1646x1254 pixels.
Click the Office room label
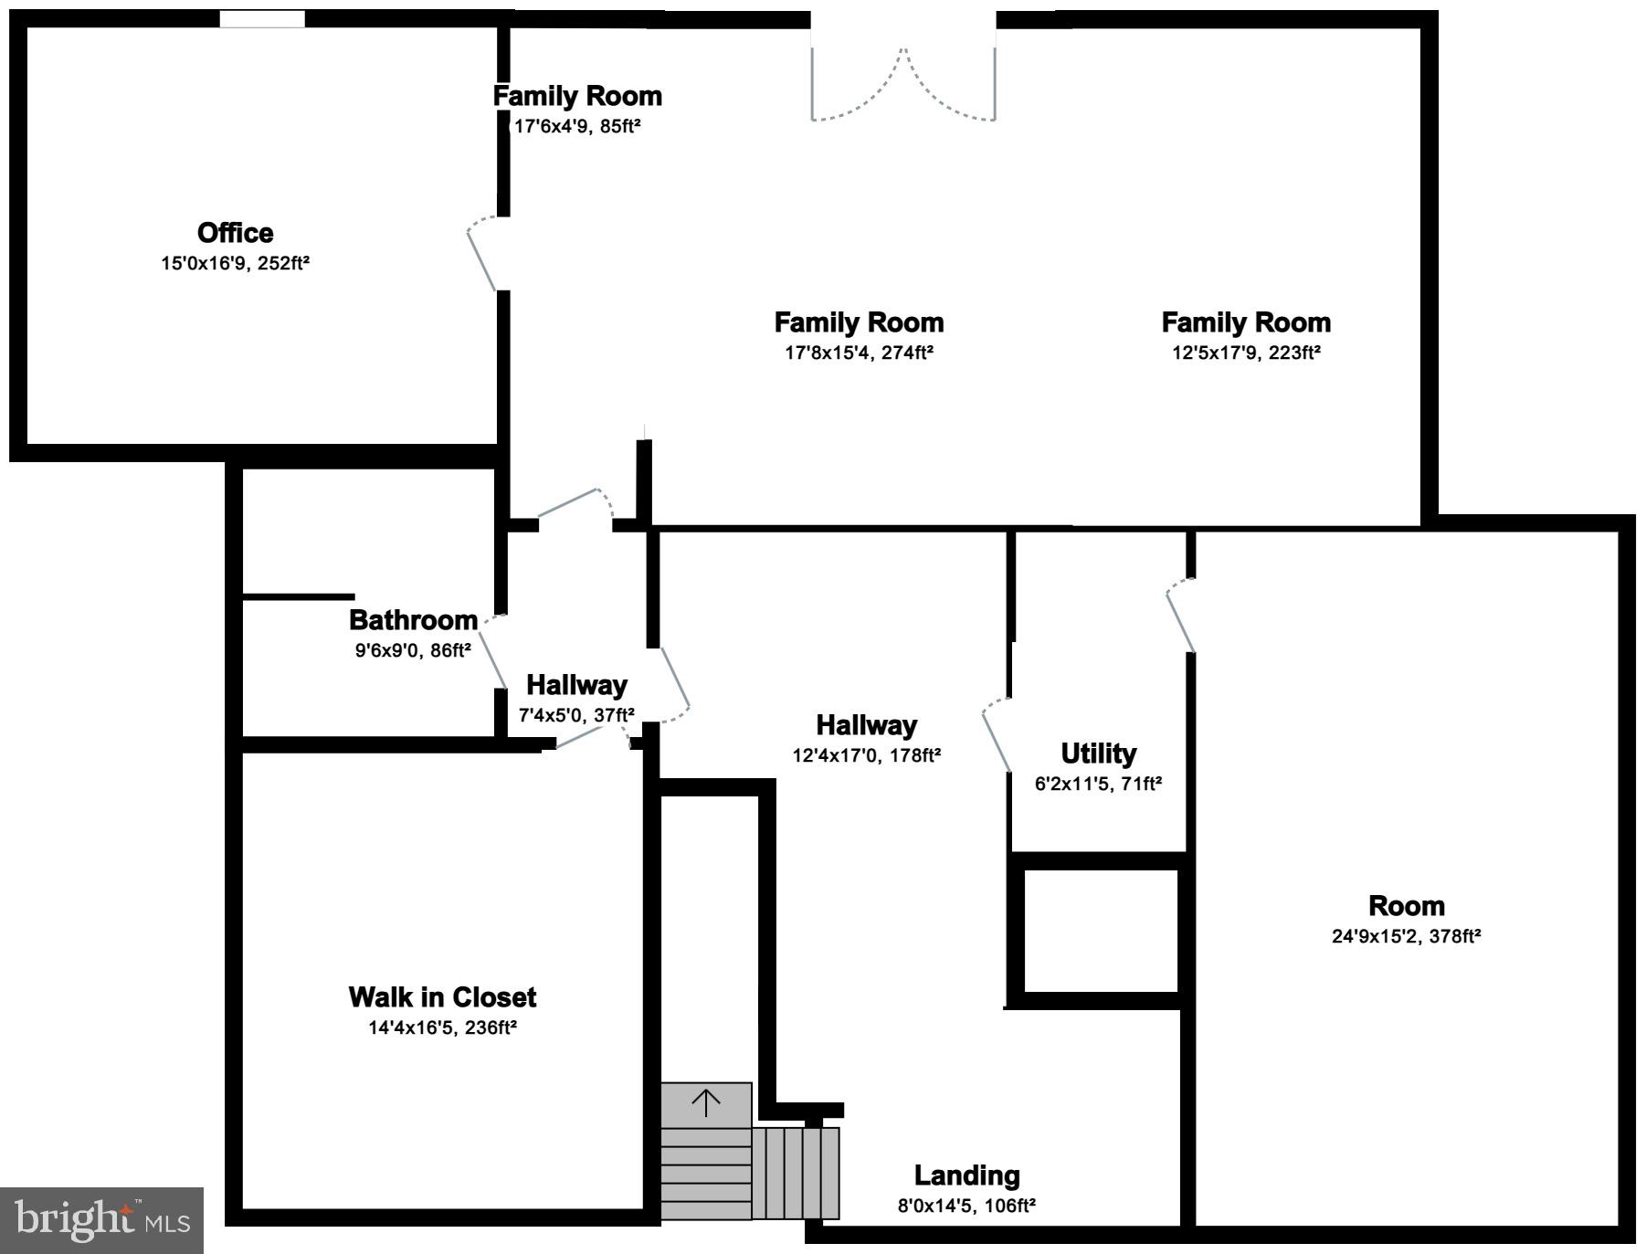235,233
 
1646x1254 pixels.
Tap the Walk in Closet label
442,996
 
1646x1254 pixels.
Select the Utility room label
1098,753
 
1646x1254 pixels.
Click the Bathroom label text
413,620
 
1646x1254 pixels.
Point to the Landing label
966,1175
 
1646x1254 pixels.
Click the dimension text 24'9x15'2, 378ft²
1406,936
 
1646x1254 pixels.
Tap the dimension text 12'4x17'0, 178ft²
866,755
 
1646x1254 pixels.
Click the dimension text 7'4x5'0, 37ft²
576,715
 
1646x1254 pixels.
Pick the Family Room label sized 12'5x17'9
1246,322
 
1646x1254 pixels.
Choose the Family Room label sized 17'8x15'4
859,322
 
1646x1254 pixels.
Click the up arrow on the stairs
706,1103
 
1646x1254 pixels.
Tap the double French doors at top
903,82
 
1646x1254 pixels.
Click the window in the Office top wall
262,19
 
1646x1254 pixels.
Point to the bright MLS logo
101,1220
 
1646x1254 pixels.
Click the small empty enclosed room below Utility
1101,930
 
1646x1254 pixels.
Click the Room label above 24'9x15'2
1406,906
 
